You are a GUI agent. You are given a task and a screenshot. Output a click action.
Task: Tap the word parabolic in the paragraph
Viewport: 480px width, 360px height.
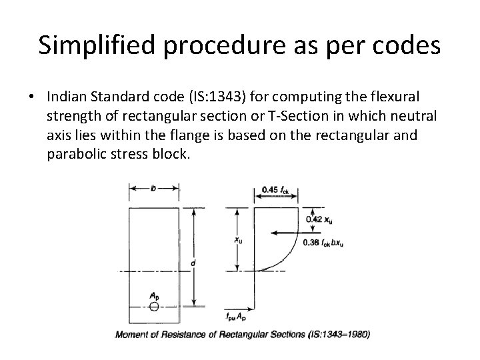pos(77,154)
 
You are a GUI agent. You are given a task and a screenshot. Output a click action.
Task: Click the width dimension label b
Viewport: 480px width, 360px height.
pos(153,189)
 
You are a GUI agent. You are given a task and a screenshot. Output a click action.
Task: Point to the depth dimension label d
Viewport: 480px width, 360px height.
pos(193,263)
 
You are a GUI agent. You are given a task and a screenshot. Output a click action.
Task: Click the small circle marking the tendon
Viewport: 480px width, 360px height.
pos(153,307)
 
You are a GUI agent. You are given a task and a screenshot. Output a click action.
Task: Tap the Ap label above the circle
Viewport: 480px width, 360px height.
pos(154,295)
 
